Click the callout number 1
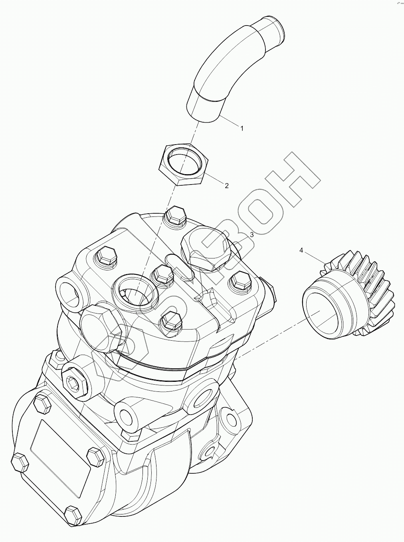pyautogui.click(x=242, y=128)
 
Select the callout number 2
pyautogui.click(x=227, y=185)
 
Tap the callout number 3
pyautogui.click(x=252, y=235)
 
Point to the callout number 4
pyautogui.click(x=301, y=250)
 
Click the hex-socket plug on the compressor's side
pyautogui.click(x=73, y=383)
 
